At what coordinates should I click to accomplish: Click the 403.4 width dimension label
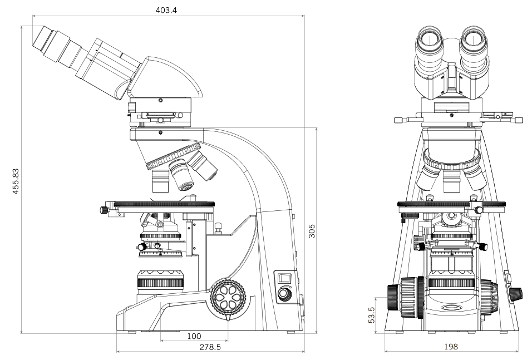click(x=166, y=10)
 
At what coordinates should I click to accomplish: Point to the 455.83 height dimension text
click(x=16, y=181)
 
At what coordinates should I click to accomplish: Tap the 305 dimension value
click(x=312, y=231)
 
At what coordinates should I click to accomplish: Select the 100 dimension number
click(x=194, y=336)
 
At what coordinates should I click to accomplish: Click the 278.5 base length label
click(x=210, y=347)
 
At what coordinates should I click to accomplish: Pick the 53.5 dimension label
click(x=371, y=315)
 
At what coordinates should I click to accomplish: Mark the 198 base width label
click(x=451, y=347)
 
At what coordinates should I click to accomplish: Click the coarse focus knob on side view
click(x=228, y=298)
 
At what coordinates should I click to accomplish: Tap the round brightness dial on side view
click(x=284, y=293)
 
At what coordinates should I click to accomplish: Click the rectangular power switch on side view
click(x=284, y=278)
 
